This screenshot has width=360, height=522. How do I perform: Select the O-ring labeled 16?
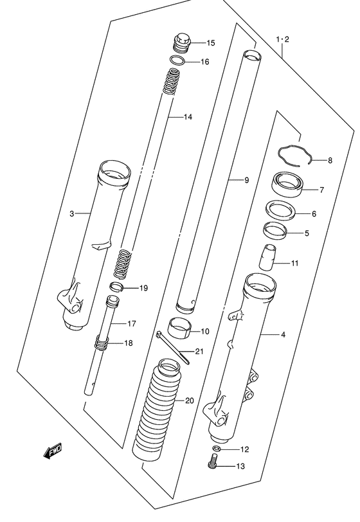tap(177, 60)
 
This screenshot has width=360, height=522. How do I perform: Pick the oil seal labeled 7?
tap(287, 185)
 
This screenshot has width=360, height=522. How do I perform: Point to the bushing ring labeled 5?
tap(274, 231)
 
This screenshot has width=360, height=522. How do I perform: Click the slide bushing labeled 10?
tap(181, 327)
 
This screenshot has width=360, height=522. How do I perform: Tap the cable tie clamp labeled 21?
tap(172, 347)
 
